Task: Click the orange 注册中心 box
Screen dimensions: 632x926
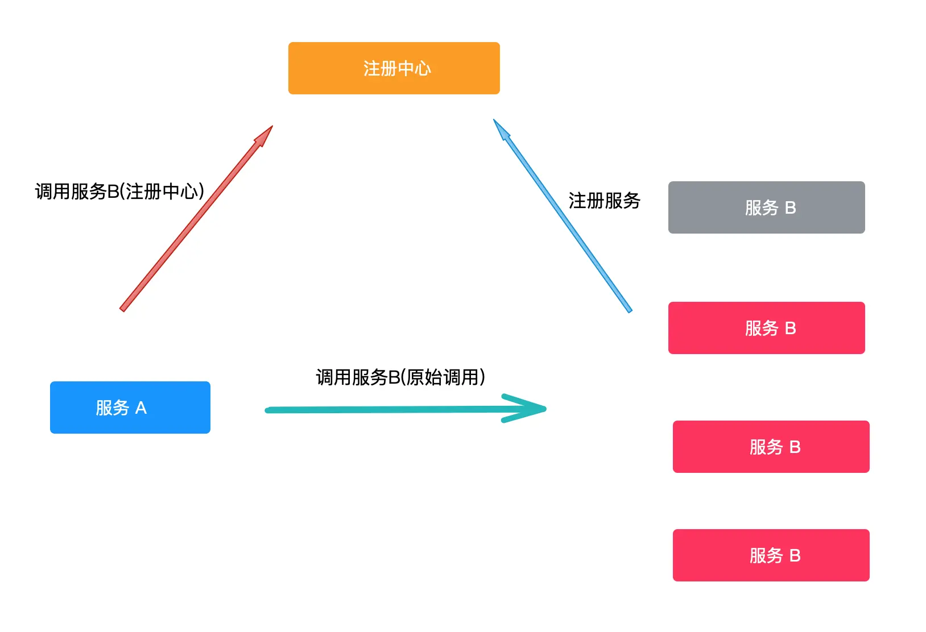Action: coord(394,68)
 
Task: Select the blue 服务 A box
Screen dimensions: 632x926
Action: coord(130,408)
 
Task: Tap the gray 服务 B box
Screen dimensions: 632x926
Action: coord(766,207)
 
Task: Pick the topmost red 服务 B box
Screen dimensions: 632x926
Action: coord(766,328)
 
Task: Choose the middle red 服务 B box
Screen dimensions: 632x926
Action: coord(771,447)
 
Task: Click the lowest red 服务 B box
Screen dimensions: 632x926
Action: coord(771,555)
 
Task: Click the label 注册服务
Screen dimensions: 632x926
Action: coord(604,201)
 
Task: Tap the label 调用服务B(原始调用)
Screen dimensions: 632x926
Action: coord(400,377)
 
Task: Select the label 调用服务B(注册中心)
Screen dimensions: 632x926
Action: coord(119,192)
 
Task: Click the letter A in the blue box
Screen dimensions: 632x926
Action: coord(140,408)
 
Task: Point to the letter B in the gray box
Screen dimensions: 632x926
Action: coord(790,208)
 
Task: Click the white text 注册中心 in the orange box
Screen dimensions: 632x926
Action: coord(397,69)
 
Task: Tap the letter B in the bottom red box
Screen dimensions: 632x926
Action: coord(795,556)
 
